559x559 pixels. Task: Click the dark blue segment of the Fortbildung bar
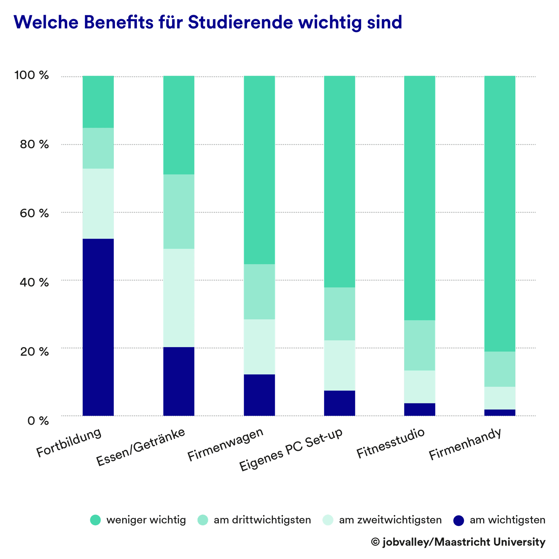[x=98, y=327]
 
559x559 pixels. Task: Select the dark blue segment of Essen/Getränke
[x=179, y=381]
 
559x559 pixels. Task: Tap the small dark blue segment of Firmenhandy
[x=500, y=413]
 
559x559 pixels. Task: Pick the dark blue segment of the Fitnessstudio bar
[x=420, y=409]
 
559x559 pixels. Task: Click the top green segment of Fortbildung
[x=98, y=102]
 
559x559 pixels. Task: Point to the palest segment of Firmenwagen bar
[x=259, y=347]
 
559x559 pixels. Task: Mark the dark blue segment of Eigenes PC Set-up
[x=339, y=403]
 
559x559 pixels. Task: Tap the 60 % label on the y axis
[x=34, y=213]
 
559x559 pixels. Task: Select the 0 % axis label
[x=38, y=421]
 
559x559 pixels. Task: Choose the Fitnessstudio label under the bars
[x=391, y=443]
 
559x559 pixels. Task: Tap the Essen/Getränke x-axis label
[x=141, y=447]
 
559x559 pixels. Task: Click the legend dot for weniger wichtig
[x=96, y=520]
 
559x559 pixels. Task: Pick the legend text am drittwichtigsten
[x=262, y=520]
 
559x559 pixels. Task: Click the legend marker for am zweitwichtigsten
[x=328, y=520]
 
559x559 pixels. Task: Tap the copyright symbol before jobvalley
[x=375, y=542]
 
